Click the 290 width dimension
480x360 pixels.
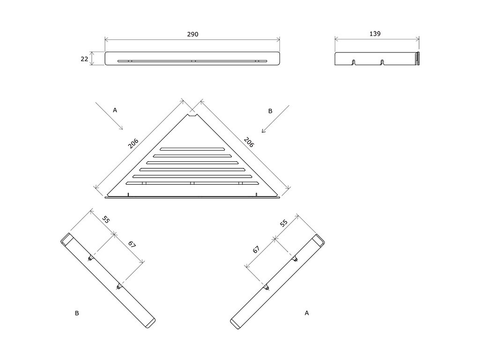[x=193, y=34]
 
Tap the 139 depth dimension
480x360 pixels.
[x=375, y=34]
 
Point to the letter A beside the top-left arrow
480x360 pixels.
[x=115, y=110]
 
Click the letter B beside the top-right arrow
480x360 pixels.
[x=270, y=111]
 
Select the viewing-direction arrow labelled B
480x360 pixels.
[x=271, y=124]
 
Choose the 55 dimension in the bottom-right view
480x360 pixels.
[x=284, y=223]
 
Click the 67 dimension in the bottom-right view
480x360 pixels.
[x=256, y=249]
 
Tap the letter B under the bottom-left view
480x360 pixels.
[x=76, y=313]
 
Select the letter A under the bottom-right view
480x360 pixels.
[x=307, y=312]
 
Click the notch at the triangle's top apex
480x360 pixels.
[x=192, y=113]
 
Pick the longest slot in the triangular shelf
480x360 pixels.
[x=192, y=183]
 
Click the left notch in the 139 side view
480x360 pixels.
[x=353, y=62]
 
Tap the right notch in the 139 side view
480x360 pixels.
[x=382, y=62]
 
